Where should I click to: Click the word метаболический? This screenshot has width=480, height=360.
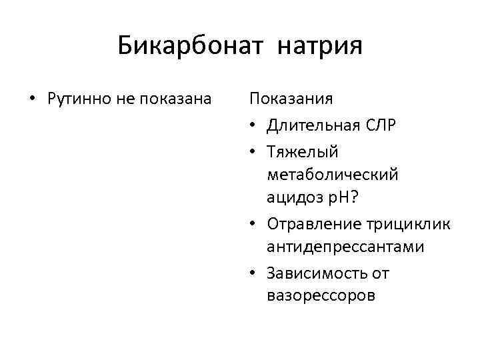(x=332, y=175)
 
